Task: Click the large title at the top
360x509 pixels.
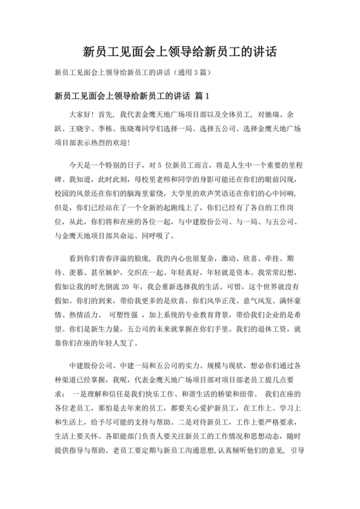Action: pyautogui.click(x=180, y=51)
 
